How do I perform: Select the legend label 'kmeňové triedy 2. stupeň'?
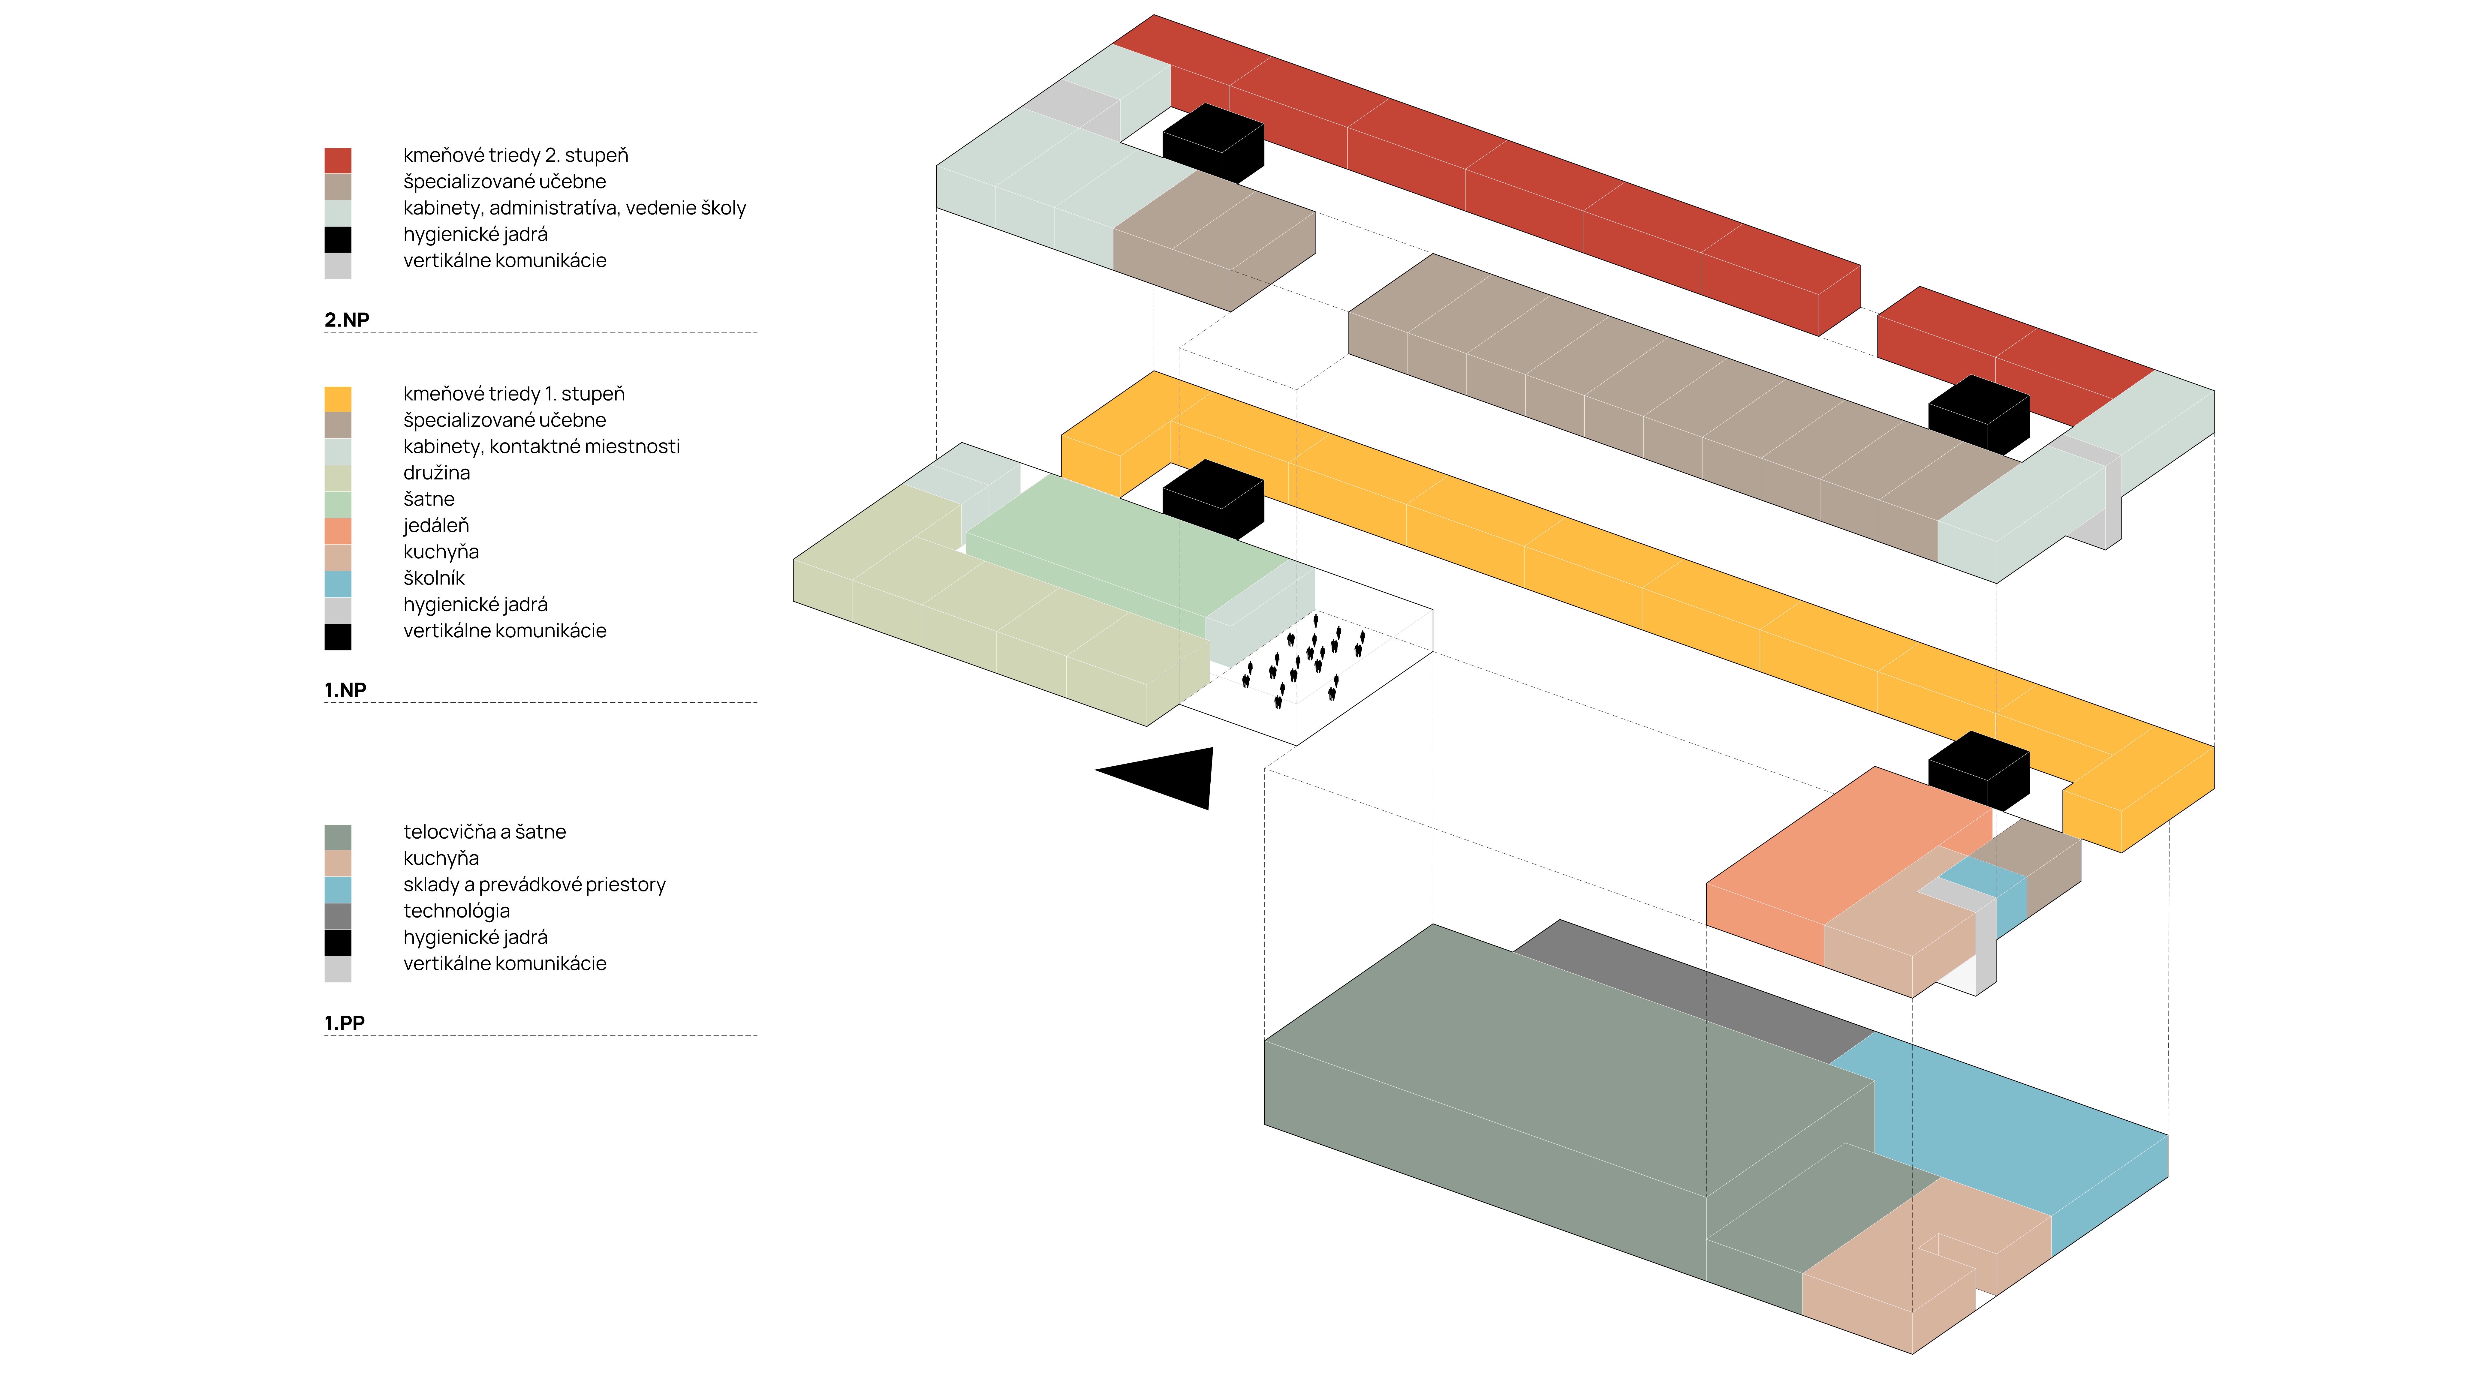(515, 155)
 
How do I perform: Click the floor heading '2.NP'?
(347, 320)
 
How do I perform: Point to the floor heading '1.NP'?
(345, 689)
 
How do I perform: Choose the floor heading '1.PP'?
(344, 1023)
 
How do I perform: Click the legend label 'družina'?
(436, 473)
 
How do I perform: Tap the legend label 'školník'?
(433, 578)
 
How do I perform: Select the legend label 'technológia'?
(456, 911)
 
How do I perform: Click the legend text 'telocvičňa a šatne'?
(484, 832)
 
